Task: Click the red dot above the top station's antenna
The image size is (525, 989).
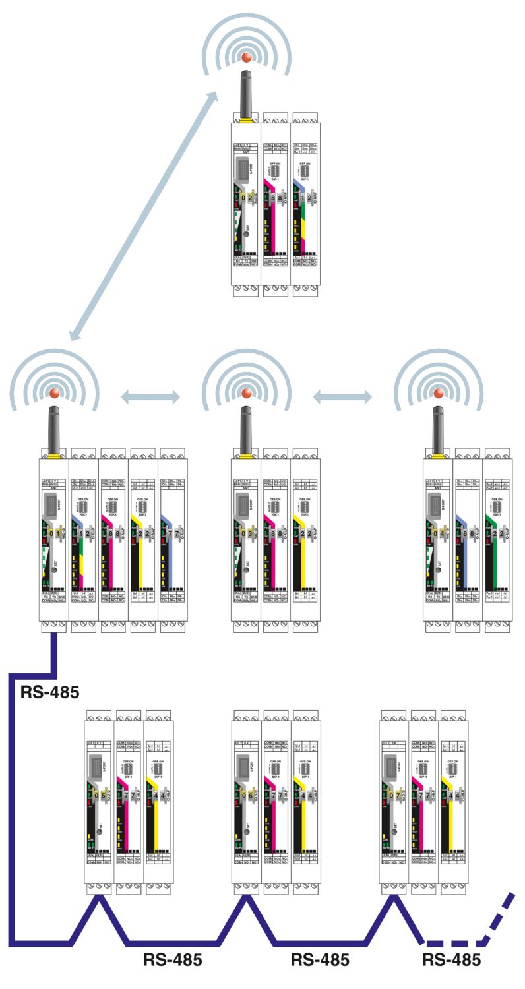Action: click(247, 57)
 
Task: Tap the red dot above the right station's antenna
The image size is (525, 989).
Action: click(438, 394)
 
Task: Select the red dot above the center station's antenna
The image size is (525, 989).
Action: click(247, 394)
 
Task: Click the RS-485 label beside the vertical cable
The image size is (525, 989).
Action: click(50, 692)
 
